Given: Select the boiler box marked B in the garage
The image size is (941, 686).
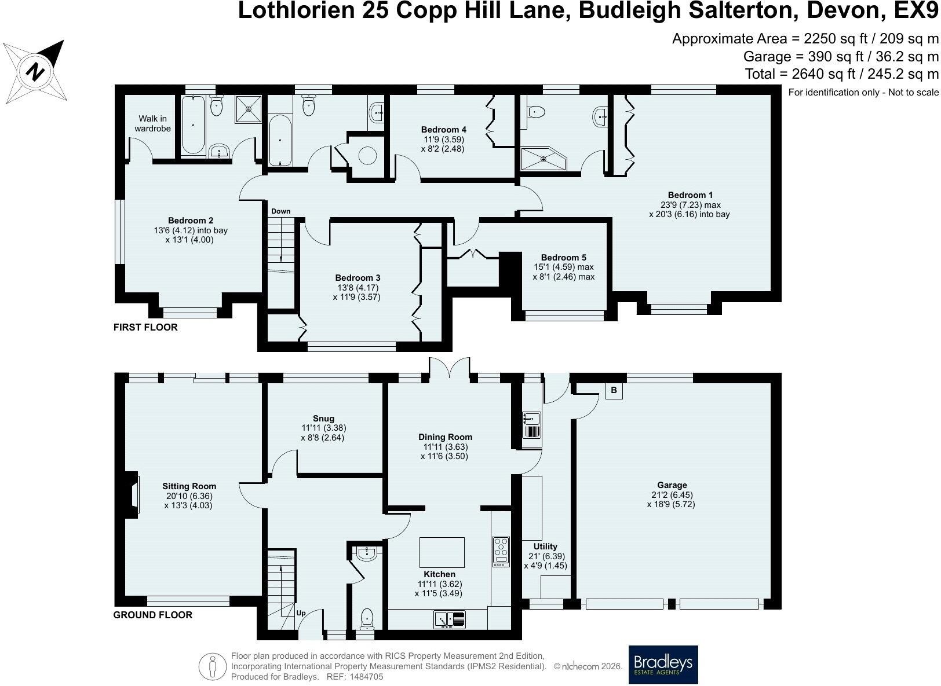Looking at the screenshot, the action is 614,390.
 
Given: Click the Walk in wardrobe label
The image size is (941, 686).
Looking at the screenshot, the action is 152,123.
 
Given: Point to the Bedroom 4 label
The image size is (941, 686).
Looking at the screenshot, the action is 444,129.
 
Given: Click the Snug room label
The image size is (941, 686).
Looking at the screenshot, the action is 323,418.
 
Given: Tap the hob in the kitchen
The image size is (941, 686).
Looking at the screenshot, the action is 501,552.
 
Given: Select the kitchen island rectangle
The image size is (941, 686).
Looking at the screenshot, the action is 442,552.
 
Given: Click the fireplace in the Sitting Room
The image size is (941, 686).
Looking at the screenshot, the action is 133,493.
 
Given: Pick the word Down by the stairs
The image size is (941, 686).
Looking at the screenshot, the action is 280,211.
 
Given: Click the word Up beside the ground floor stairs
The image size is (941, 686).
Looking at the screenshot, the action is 301,613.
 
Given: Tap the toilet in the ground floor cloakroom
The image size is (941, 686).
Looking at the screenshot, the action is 367,619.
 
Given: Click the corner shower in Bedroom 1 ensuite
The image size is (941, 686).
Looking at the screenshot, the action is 544,158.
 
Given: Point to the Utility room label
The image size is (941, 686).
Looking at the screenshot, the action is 545,546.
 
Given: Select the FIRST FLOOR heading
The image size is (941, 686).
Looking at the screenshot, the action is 145,327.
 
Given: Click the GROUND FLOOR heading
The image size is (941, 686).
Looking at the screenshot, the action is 152,615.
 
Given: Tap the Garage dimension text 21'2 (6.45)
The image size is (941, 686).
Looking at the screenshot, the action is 672,494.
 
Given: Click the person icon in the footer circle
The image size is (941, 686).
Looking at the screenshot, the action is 213,666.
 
